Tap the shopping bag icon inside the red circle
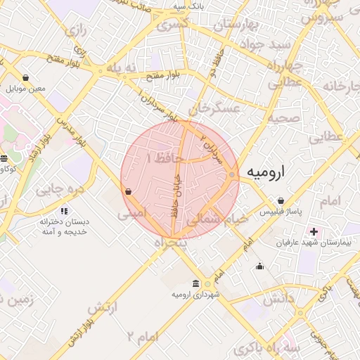[128, 191]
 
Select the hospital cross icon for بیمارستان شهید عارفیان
[314, 231]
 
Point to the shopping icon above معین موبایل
[26, 78]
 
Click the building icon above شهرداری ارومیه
[207, 283]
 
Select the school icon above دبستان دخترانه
[64, 210]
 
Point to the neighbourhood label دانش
[276, 299]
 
